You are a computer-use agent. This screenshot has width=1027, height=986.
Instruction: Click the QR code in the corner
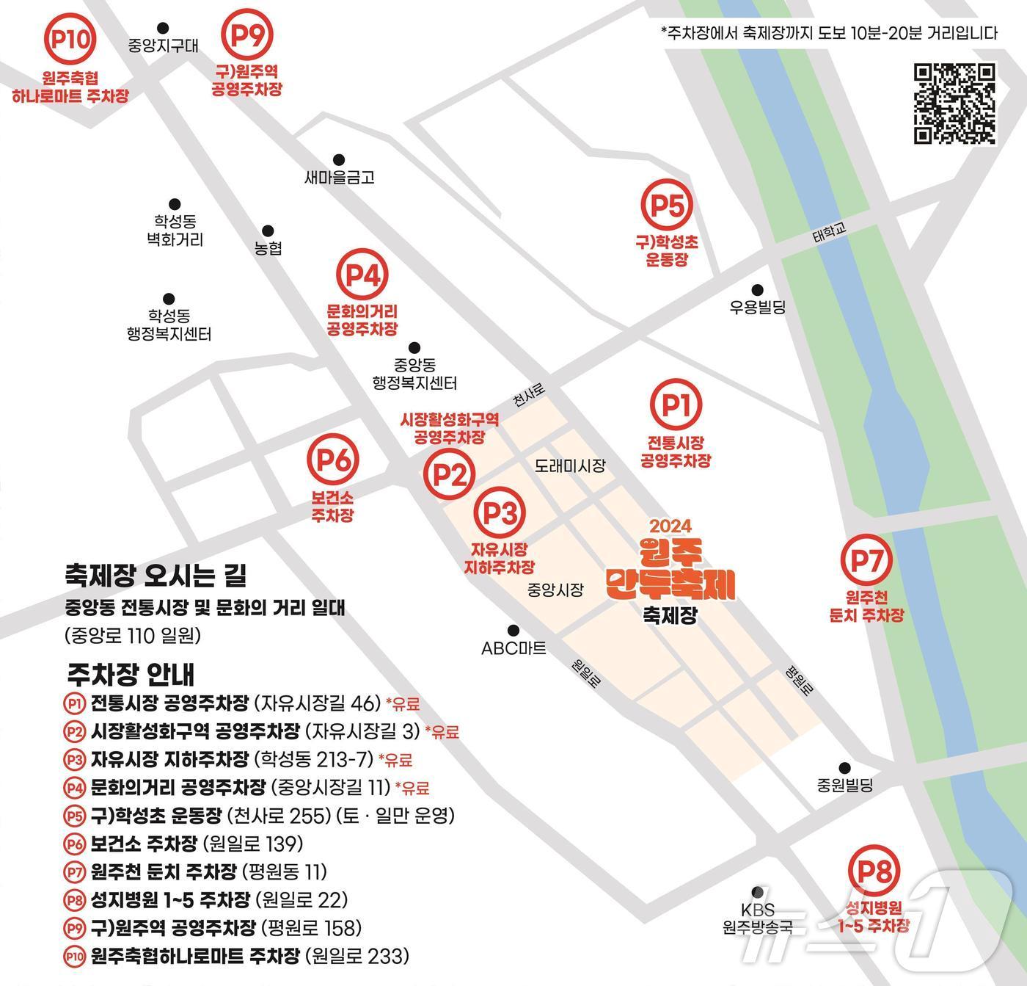[x=954, y=104]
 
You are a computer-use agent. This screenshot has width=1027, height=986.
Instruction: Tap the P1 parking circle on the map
[x=676, y=405]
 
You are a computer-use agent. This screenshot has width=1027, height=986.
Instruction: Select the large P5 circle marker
[x=667, y=206]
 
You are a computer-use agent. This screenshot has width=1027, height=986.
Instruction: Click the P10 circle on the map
[x=70, y=39]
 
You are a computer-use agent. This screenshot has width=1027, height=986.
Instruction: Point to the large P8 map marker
[x=874, y=872]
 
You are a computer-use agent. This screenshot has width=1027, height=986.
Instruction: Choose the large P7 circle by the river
[x=866, y=560]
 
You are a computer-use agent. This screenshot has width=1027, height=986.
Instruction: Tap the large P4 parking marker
[x=362, y=275]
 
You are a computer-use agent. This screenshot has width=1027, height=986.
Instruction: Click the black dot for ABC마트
[x=513, y=630]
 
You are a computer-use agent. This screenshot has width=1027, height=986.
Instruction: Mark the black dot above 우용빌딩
[x=757, y=290]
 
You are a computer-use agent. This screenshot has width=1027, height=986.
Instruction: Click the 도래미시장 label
[x=570, y=465]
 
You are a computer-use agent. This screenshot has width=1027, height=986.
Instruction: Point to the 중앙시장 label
[x=555, y=590]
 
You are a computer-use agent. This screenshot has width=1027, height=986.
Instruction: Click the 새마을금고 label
[x=339, y=177]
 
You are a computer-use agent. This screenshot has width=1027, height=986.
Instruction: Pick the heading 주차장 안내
[x=131, y=673]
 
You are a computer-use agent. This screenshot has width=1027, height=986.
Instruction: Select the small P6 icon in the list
[x=75, y=844]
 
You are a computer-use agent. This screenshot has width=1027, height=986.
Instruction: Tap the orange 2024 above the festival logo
[x=670, y=526]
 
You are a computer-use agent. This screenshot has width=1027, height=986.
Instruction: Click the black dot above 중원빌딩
[x=844, y=768]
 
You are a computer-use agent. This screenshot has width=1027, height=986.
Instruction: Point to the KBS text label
[x=757, y=910]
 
